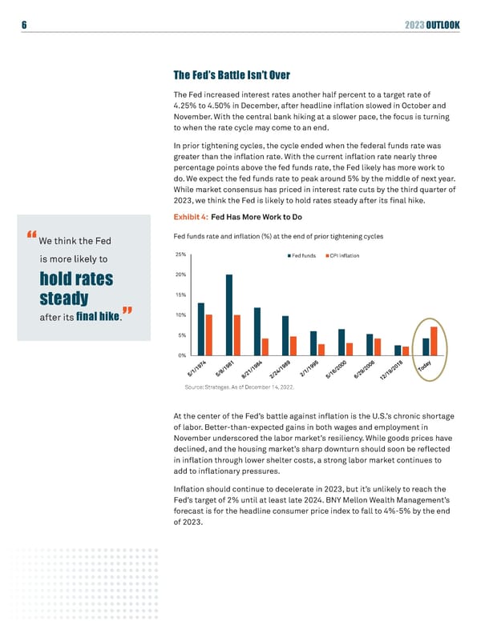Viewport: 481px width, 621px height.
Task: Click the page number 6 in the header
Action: (25, 25)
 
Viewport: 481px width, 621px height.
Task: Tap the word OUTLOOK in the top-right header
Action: (442, 25)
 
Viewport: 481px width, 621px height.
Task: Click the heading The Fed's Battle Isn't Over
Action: (231, 76)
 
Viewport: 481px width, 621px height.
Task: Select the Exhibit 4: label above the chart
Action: (190, 217)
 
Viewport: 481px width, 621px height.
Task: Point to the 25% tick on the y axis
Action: (180, 255)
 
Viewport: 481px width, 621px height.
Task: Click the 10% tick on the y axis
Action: (180, 315)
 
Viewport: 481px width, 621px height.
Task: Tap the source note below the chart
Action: (239, 387)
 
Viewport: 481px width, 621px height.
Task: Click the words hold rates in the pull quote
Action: (76, 280)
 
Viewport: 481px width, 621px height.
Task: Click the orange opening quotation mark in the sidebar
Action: (32, 235)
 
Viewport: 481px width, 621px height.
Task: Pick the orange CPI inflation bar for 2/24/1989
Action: (293, 345)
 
